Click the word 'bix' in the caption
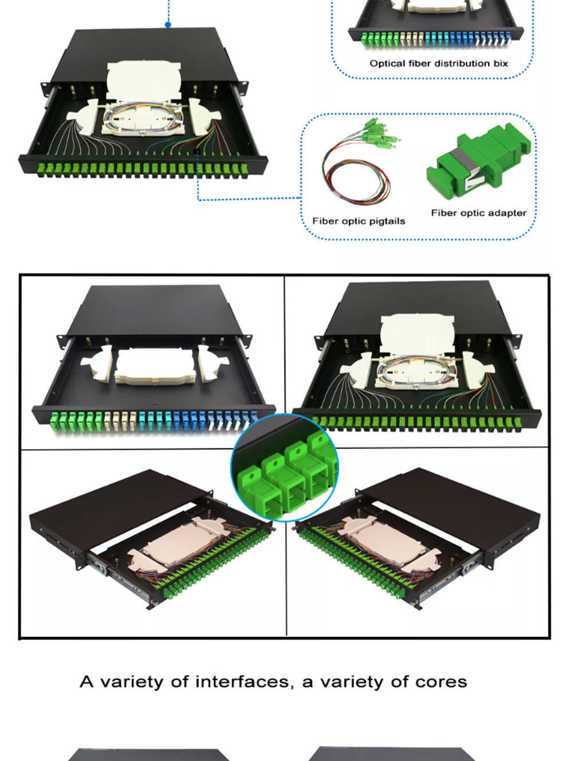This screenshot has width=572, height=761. coord(500,64)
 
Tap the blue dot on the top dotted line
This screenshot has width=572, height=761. coord(168,25)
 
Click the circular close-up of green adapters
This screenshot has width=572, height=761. coord(284,467)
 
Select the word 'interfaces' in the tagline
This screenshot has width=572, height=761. coord(242,682)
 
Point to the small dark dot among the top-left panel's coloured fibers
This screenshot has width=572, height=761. coord(197,152)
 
